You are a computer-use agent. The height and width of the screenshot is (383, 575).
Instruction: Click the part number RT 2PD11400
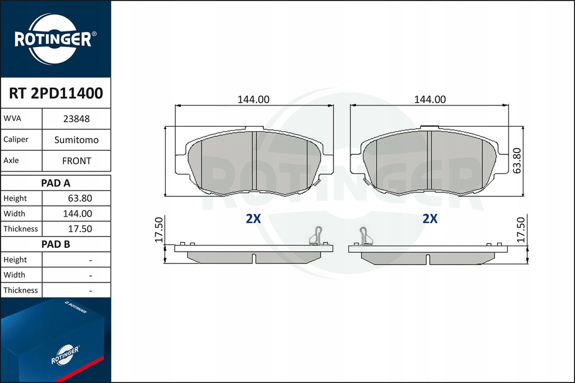[x=56, y=93]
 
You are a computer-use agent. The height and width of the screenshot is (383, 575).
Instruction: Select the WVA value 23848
[x=76, y=119]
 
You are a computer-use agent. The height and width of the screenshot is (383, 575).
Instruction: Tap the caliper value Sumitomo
[x=76, y=140]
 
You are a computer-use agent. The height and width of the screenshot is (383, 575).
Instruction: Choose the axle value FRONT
[x=76, y=160]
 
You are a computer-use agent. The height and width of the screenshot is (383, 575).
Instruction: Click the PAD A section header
[x=56, y=183]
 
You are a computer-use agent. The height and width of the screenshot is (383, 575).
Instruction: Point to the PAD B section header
[x=56, y=244]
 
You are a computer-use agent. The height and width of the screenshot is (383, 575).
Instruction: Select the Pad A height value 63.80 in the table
[x=80, y=199]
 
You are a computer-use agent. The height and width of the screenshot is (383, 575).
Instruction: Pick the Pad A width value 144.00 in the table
[x=79, y=214]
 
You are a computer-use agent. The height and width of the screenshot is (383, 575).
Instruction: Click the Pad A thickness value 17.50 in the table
[x=80, y=229]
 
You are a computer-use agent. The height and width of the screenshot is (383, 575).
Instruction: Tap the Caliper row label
[x=16, y=139]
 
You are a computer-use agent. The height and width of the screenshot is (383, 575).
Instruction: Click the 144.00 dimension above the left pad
[x=253, y=99]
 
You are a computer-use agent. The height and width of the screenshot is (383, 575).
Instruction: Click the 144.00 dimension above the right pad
[x=430, y=99]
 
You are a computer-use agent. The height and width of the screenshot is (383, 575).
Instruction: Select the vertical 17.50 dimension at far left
[x=159, y=229]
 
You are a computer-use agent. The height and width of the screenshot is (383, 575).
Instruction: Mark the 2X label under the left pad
[x=253, y=219]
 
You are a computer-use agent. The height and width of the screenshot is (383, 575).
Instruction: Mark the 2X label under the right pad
[x=430, y=219]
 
